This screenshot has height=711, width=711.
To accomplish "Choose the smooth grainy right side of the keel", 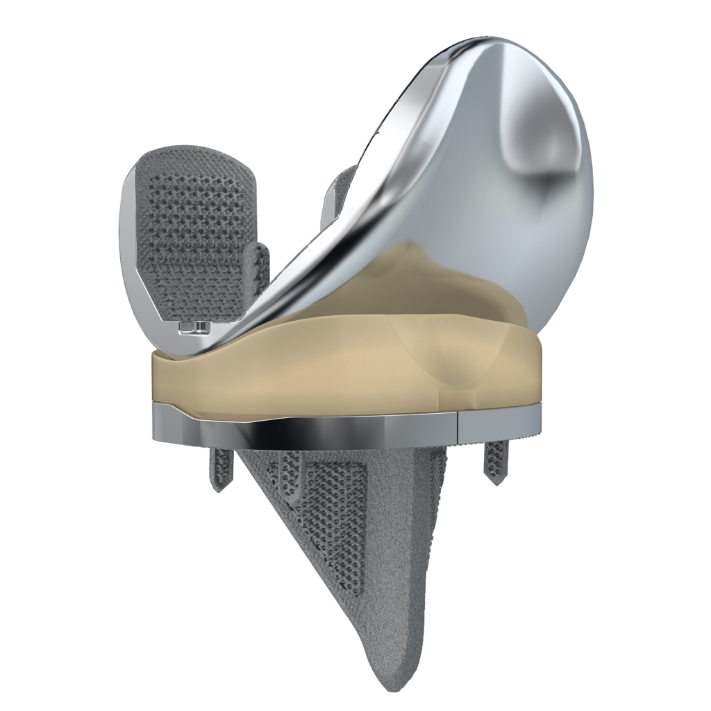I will pos(444,542).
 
